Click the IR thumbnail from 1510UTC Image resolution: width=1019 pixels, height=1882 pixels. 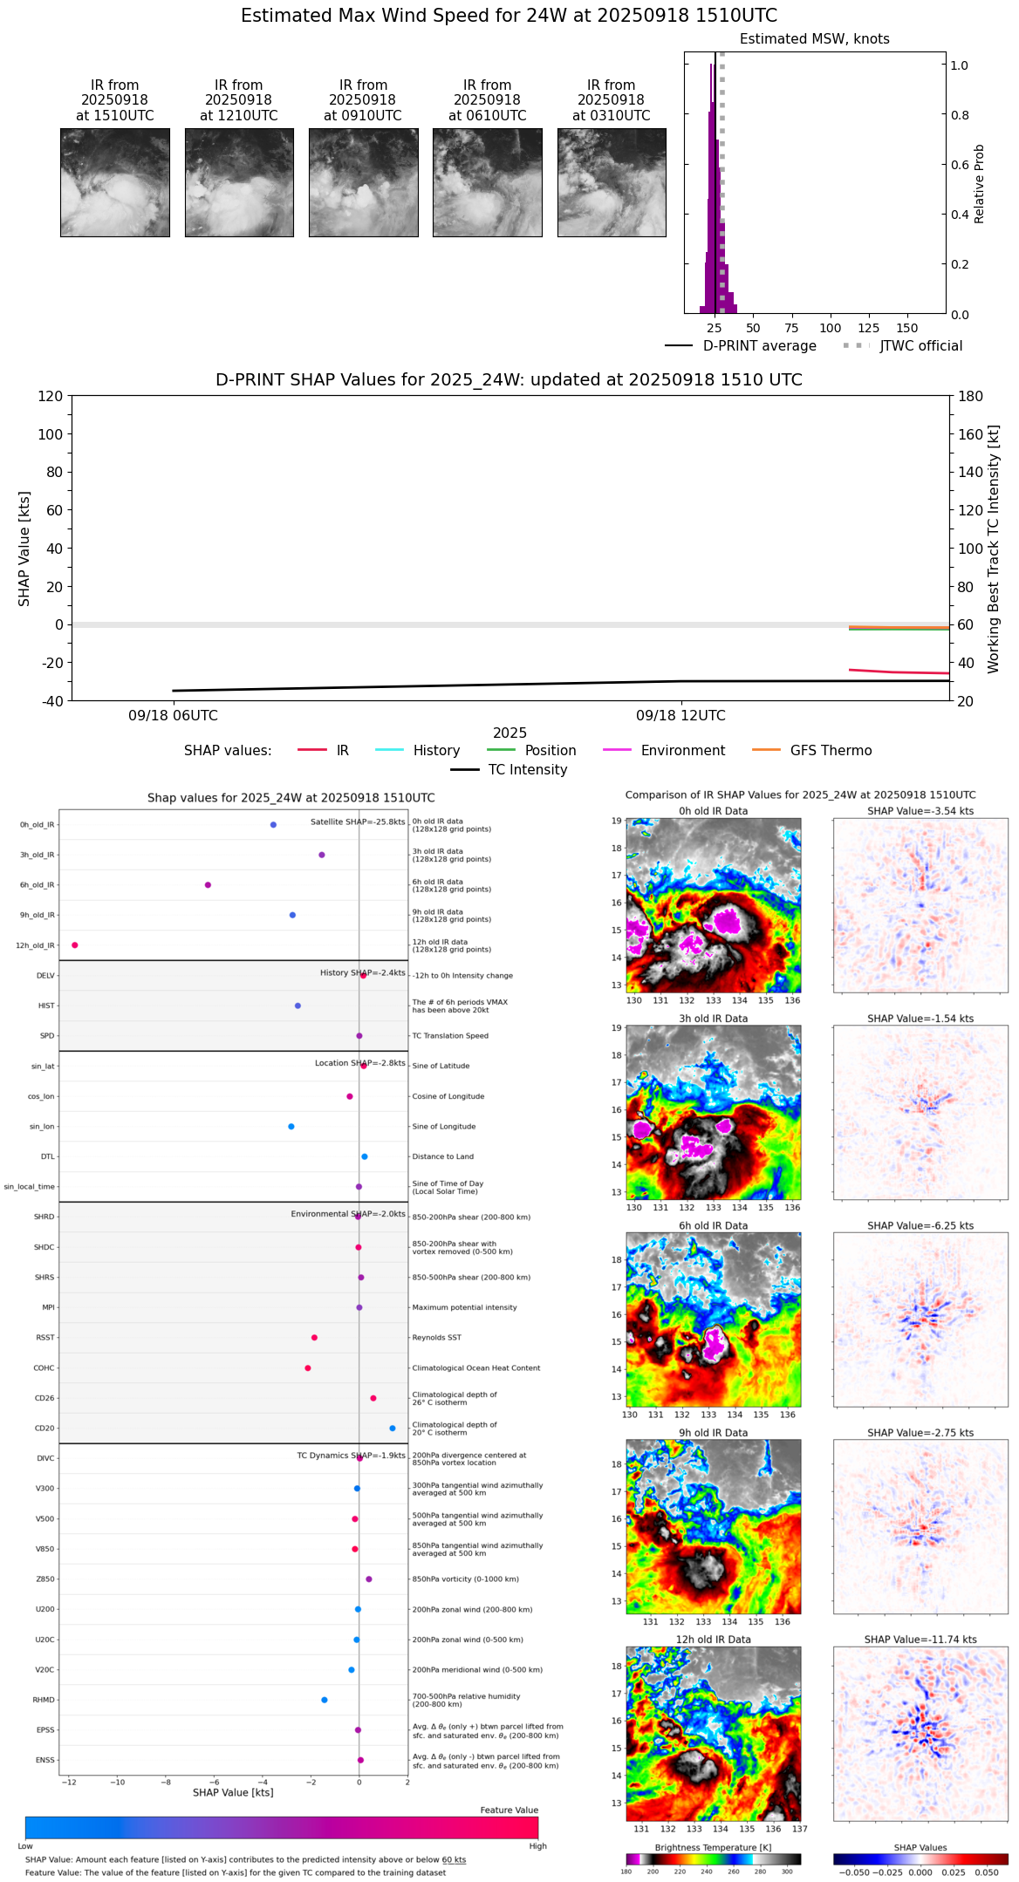point(114,182)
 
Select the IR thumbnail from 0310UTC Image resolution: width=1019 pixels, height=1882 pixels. point(612,182)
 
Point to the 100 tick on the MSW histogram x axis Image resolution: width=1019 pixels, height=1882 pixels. point(831,328)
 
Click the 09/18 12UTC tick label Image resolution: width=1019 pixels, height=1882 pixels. point(680,716)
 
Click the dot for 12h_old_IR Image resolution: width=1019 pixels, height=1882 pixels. point(75,945)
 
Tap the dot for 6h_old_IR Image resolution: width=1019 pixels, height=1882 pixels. point(208,885)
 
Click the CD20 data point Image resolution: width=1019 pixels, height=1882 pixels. point(393,1429)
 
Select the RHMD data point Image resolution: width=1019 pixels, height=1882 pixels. point(325,1700)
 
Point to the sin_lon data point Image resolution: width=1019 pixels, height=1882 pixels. point(291,1127)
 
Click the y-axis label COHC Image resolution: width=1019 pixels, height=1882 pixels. point(44,1368)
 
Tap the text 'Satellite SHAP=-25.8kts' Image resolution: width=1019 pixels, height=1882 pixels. point(358,822)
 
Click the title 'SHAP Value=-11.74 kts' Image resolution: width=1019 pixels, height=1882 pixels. point(920,1640)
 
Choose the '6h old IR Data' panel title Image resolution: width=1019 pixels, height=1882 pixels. point(713,1225)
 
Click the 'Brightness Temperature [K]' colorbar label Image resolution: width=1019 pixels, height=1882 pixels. point(713,1848)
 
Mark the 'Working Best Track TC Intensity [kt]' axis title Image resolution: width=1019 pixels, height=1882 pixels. point(994,549)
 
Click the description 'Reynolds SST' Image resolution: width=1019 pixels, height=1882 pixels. point(436,1338)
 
